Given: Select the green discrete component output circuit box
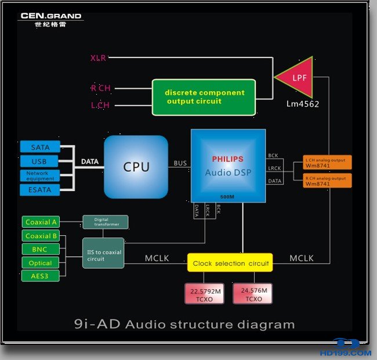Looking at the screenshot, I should click(204, 97).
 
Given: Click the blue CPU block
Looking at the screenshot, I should click(136, 167).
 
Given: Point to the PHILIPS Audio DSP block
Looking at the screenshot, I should click(228, 165).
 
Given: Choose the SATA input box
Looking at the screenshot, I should click(40, 147).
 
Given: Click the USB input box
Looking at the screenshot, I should click(40, 161).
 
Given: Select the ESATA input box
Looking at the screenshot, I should click(40, 189).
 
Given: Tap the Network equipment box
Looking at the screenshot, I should click(40, 175).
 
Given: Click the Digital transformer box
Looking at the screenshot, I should click(105, 222).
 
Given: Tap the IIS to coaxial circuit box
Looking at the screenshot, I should click(103, 253).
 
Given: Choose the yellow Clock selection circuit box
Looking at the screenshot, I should click(230, 263).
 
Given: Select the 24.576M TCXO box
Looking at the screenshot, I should click(253, 293).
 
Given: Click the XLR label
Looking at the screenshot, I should click(98, 57).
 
